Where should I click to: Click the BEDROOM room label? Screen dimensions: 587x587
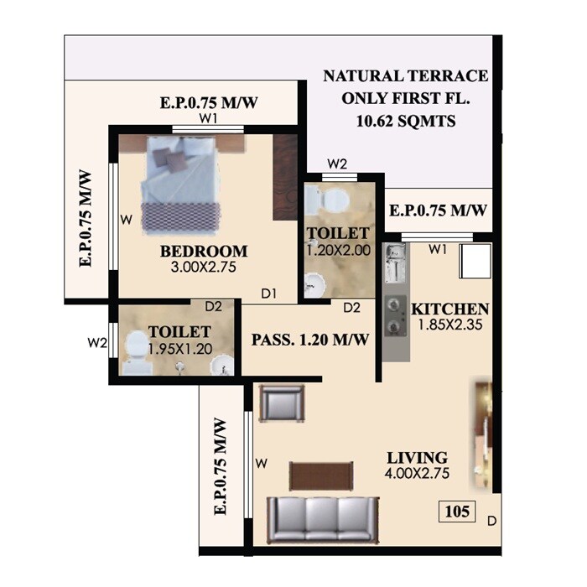pos(204,251)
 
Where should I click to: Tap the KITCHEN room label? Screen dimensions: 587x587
pos(450,309)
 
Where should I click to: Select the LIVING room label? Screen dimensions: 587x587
pos(417,458)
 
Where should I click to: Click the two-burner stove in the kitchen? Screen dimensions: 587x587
pos(394,315)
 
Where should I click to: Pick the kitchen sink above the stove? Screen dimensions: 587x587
pos(394,264)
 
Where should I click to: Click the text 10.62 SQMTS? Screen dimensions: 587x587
pos(405,121)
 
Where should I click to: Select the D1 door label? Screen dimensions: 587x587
pos(268,293)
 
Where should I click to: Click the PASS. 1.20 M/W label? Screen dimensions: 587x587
pos(310,340)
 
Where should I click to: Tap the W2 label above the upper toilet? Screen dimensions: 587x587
pos(337,164)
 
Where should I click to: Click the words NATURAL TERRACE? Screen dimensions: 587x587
pos(406,76)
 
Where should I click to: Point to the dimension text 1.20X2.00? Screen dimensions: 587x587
pos(336,249)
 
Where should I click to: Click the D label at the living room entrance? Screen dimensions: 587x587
pos(491,522)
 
